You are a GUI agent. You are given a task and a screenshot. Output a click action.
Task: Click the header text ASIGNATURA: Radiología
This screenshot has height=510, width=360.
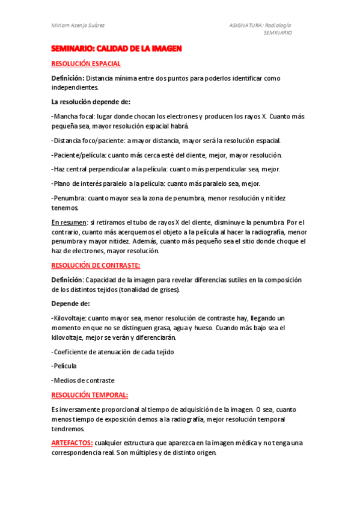click(x=260, y=25)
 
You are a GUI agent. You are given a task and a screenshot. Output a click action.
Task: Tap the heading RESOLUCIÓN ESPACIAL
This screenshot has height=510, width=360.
click(x=86, y=63)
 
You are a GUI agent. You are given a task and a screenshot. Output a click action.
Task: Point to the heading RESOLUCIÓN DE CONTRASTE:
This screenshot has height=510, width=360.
click(x=96, y=265)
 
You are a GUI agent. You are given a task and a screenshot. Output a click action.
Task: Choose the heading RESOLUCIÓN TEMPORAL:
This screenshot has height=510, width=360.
click(x=90, y=395)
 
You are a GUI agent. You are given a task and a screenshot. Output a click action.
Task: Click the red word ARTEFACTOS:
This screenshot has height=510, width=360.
click(x=72, y=443)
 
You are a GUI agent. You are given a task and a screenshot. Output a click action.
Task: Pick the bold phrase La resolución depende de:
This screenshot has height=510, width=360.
click(x=91, y=102)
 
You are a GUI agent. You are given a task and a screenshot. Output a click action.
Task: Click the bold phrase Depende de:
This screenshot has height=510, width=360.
click(x=70, y=303)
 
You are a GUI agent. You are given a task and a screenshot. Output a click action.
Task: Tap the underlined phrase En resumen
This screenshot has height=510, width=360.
click(x=69, y=223)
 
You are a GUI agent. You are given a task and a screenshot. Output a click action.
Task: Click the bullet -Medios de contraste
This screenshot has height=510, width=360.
click(x=83, y=380)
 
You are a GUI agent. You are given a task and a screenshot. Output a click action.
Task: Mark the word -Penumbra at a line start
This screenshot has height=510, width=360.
click(x=69, y=198)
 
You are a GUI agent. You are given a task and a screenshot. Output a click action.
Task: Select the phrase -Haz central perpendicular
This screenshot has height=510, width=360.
click(x=94, y=170)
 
